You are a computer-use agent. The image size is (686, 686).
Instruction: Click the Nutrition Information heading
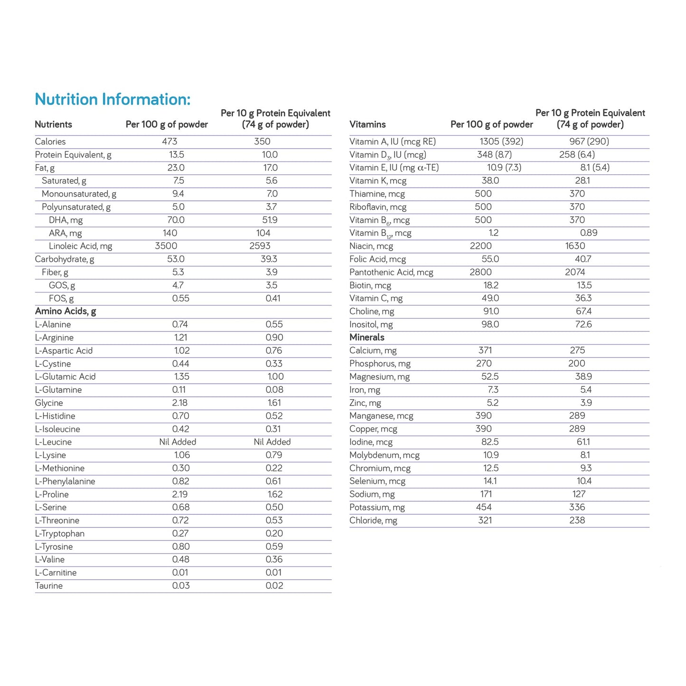coord(113,99)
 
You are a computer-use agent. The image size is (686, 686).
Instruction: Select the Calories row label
coord(50,141)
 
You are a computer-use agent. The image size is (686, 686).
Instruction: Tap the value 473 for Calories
coord(169,141)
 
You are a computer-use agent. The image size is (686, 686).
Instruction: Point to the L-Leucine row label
coord(53,442)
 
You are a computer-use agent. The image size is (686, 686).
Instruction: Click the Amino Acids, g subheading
coord(66,311)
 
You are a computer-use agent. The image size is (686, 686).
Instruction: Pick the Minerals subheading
coord(366,338)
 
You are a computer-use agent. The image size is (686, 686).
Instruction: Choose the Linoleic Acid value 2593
coord(260,246)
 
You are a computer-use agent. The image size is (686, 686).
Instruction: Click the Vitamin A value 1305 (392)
coord(501,141)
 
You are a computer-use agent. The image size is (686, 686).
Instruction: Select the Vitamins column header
coord(367,124)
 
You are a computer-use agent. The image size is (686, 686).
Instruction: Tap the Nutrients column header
coord(53,124)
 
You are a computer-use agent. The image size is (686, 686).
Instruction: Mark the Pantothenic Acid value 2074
coord(575,272)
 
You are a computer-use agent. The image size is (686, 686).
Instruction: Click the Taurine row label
coord(49,586)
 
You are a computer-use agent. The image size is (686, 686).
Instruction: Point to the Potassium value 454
coord(484,507)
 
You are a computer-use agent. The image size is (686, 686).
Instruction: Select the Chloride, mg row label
coord(373,520)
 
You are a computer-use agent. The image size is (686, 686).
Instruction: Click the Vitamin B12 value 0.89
coord(589,233)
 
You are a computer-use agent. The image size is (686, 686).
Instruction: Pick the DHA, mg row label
coord(66,220)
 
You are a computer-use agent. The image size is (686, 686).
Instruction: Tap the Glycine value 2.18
coord(180,403)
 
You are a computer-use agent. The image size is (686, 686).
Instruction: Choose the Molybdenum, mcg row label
coord(385,455)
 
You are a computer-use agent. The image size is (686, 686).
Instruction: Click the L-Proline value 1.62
coord(275,494)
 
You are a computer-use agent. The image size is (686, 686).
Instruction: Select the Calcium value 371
coord(485,350)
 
